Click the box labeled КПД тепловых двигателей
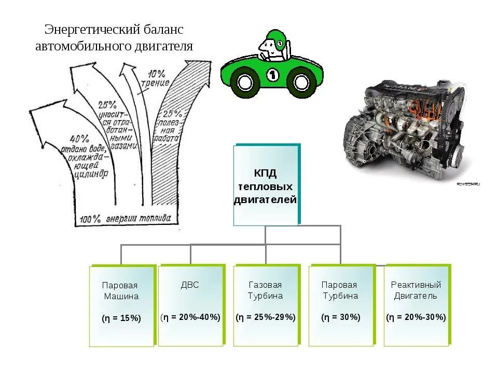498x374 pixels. (x=266, y=185)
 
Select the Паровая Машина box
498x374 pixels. (x=121, y=306)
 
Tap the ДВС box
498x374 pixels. (x=190, y=305)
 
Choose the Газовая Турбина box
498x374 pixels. (x=266, y=306)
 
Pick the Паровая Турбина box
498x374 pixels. (x=340, y=306)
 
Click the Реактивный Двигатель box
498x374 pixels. (x=416, y=306)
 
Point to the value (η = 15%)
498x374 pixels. (x=121, y=318)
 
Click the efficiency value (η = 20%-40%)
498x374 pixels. (x=190, y=317)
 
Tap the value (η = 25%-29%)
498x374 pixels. (x=266, y=317)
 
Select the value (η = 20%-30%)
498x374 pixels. (x=416, y=317)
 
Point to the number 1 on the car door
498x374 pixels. (x=273, y=75)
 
